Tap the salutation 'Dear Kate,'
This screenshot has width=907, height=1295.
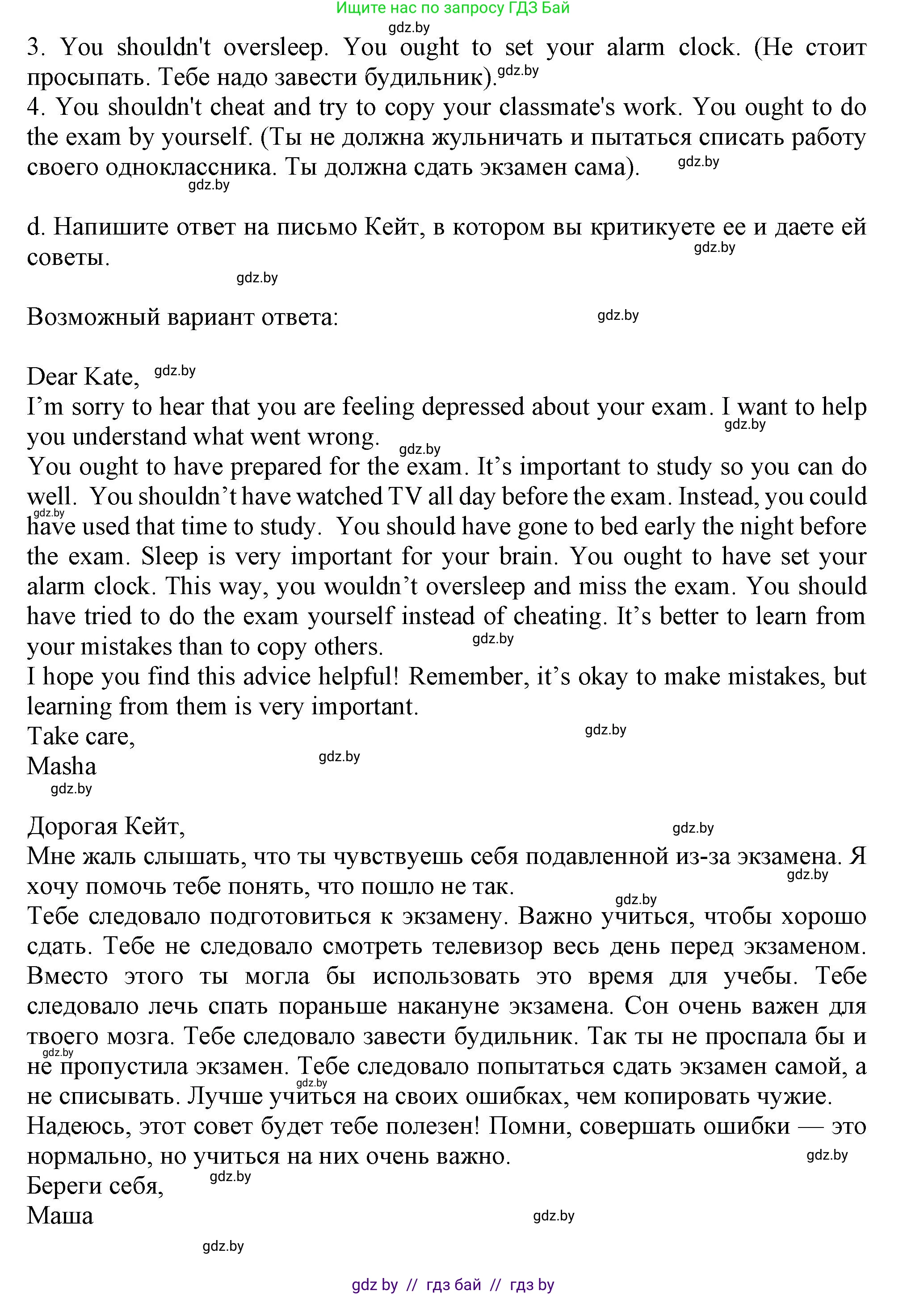coord(83,377)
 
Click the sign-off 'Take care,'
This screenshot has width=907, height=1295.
coord(81,736)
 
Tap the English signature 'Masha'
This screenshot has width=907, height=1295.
coord(62,766)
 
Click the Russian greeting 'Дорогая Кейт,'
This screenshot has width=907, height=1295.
coord(105,826)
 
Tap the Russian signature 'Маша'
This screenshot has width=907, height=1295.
coord(60,1215)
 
